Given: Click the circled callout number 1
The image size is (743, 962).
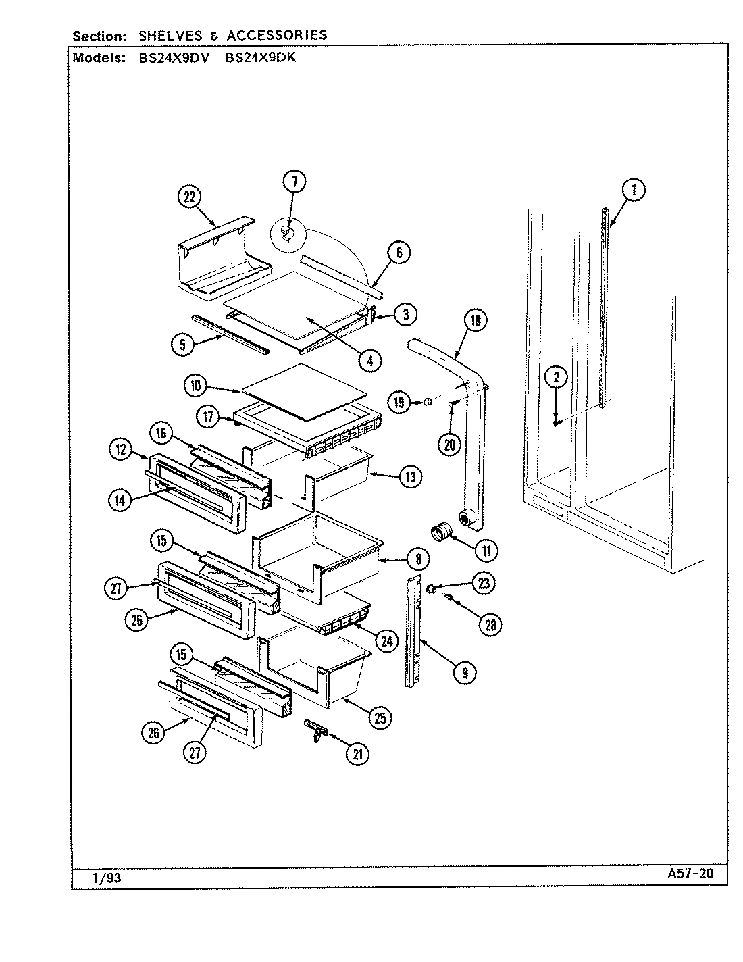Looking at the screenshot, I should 633,191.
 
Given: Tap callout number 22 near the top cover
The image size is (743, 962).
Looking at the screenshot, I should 190,197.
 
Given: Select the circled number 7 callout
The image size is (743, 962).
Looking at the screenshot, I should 294,181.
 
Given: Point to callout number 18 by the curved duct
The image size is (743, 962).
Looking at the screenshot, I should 476,321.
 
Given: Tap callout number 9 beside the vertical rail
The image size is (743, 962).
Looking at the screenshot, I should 464,672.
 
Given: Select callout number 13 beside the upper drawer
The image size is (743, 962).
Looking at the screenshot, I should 410,477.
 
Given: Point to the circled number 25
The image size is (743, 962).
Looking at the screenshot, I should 380,718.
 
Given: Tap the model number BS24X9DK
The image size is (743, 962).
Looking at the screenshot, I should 260,58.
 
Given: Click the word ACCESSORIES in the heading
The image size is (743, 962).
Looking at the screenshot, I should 277,35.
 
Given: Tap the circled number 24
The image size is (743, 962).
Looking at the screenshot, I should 386,641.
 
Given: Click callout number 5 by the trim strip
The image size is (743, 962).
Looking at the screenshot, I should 182,343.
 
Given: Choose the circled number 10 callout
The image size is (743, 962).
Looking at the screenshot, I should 195,386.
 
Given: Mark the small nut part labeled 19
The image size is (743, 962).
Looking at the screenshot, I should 428,403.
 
